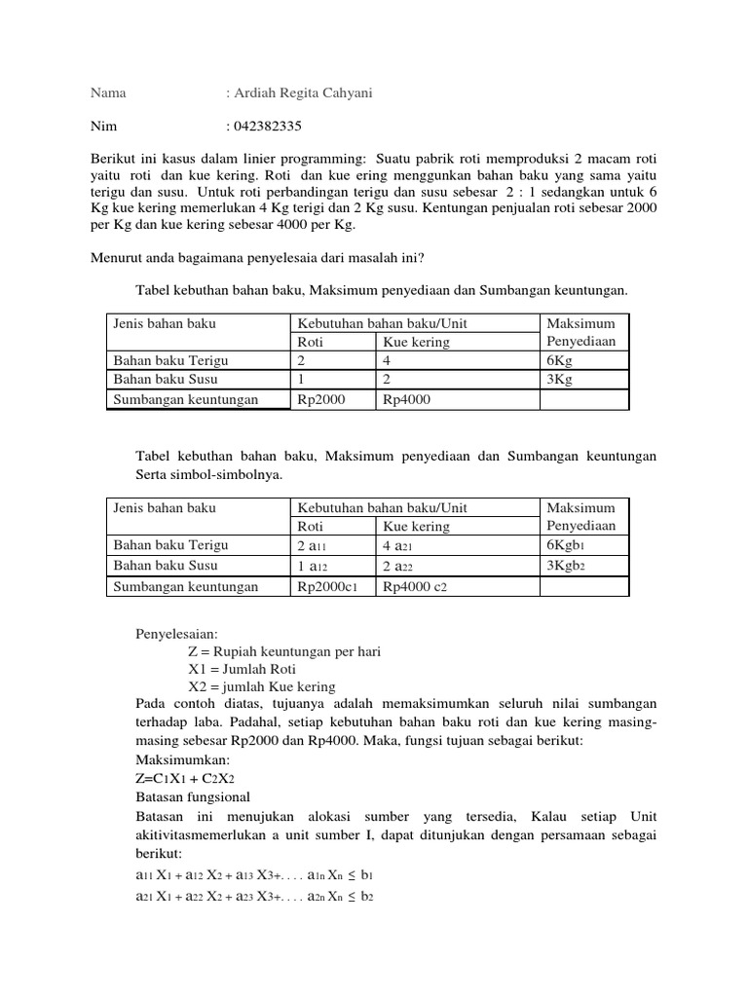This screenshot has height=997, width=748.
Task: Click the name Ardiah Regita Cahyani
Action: pyautogui.click(x=289, y=93)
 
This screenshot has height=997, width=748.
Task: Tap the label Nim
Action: pyautogui.click(x=102, y=127)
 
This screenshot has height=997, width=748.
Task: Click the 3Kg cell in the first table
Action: pyautogui.click(x=561, y=380)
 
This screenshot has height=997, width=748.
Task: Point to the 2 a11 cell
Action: pyautogui.click(x=311, y=546)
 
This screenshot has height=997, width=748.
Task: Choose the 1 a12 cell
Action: pyautogui.click(x=311, y=566)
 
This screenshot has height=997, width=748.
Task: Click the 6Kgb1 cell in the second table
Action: pyautogui.click(x=570, y=545)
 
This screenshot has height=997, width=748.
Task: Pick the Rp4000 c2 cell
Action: pyautogui.click(x=416, y=586)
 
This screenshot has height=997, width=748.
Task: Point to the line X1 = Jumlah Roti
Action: pyautogui.click(x=242, y=669)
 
